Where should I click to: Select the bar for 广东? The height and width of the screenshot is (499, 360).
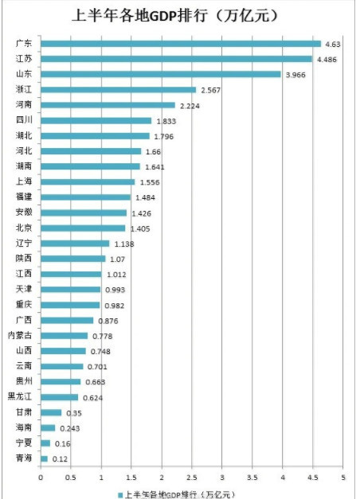pos(181,44)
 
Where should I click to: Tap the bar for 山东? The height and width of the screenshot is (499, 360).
pos(160,74)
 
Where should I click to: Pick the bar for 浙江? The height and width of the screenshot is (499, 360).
pos(118,90)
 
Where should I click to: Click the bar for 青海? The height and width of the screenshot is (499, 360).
pos(44,459)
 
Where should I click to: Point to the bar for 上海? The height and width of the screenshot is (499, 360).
pos(88,182)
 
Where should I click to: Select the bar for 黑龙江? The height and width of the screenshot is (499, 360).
pos(60,397)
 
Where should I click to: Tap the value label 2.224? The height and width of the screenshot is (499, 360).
pos(190,105)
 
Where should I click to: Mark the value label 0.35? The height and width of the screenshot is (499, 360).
pos(73,413)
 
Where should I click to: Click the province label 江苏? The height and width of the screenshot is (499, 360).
pos(24,59)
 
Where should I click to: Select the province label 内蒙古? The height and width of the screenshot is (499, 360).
pos(20,336)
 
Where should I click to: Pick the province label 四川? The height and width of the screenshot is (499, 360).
pos(24,121)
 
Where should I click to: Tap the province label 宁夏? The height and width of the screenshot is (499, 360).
pos(24,443)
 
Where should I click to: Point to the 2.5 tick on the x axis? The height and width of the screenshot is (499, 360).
pos(192,478)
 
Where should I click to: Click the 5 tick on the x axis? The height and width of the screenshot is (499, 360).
pos(343,478)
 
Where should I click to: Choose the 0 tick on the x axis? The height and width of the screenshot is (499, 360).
pos(41,478)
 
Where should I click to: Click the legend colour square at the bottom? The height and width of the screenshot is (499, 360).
pos(119,493)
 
